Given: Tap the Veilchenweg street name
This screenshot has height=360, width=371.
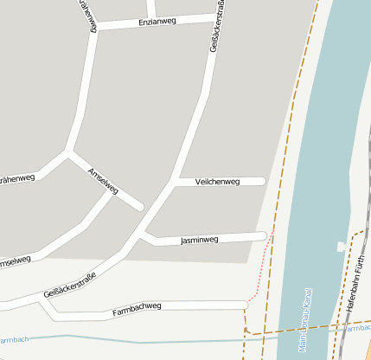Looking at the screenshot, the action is click(217, 182).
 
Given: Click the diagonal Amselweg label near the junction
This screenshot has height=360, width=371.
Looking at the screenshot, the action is click(103, 180).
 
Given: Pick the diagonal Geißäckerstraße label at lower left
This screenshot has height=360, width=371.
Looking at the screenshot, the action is click(68, 286).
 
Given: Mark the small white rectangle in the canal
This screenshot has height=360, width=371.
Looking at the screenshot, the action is click(341, 247).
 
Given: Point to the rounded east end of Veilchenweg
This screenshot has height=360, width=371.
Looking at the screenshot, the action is click(261, 182).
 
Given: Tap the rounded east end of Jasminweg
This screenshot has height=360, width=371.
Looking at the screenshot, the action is click(263, 235).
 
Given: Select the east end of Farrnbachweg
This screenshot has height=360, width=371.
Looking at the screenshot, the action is click(246, 305).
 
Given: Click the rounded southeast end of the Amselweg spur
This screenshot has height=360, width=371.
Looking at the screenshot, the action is click(138, 207).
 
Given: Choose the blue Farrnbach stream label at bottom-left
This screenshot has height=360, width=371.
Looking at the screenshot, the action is click(15, 339).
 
